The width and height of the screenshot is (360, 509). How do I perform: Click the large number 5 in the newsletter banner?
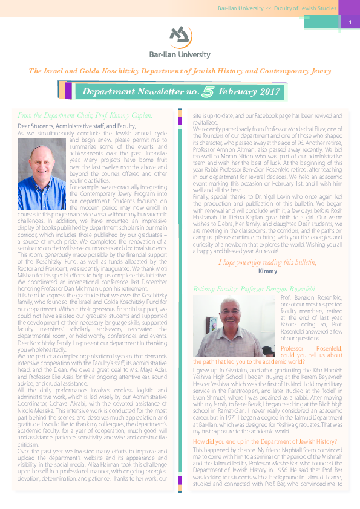coord(209,92)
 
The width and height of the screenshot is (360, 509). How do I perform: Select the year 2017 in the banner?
coord(266,92)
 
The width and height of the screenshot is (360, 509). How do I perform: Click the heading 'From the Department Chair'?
coord(85,115)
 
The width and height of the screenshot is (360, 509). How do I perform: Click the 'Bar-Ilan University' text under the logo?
coord(180,54)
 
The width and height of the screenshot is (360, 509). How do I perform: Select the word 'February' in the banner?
coord(238,92)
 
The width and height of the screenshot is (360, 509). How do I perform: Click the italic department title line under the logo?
coord(180,71)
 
